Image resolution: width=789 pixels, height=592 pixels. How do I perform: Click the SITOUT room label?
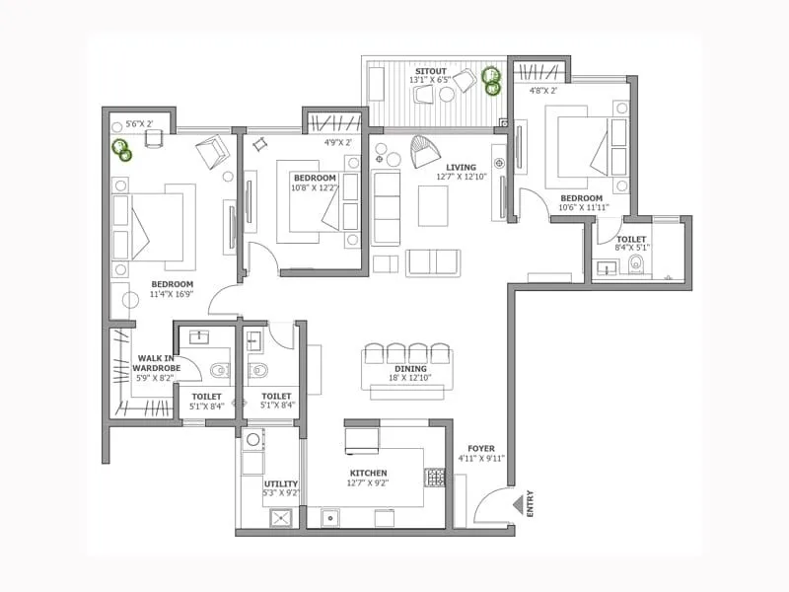430,70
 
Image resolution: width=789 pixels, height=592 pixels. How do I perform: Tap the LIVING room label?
461,167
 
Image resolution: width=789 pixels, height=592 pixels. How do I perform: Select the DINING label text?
410,369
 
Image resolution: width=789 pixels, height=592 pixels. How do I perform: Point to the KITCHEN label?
367,473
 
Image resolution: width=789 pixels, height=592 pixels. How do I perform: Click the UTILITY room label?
281,483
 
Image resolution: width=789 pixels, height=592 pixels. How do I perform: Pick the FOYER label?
481,447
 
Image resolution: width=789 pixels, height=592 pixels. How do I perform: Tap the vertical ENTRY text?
531,504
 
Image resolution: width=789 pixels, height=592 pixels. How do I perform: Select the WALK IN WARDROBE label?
157,364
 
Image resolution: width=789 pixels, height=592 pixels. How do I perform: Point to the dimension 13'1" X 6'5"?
430,80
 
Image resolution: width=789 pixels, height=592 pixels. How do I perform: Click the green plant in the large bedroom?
121,149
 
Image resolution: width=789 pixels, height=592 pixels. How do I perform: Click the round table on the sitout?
447,94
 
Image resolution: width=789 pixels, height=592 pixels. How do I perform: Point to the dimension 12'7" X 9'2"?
367,483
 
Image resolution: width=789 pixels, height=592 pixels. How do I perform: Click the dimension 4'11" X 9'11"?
481,458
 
